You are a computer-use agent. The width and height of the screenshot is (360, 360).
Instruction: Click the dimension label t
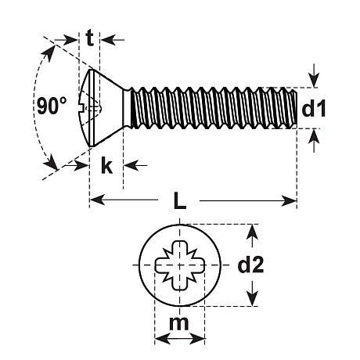click(x=89, y=38)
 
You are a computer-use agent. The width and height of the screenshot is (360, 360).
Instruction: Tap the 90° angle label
click(x=52, y=106)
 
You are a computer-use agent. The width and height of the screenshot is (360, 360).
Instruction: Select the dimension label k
click(x=106, y=165)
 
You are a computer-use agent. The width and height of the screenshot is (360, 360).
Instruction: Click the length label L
click(x=179, y=200)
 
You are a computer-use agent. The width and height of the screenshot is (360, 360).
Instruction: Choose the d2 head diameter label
click(x=250, y=265)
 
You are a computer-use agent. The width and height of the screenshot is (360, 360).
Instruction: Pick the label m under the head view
click(x=178, y=323)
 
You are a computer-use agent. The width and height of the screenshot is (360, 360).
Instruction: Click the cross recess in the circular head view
click(x=180, y=265)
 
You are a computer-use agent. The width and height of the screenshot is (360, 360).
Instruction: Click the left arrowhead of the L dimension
click(x=97, y=200)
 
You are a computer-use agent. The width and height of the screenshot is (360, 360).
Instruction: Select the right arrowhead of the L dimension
click(x=289, y=200)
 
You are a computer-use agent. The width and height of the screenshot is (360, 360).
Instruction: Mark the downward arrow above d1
click(x=314, y=76)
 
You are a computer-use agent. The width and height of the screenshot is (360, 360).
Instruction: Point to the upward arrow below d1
click(x=314, y=140)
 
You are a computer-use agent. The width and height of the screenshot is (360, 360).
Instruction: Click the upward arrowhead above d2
click(x=252, y=232)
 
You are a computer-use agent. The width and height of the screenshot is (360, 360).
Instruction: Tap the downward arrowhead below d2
click(x=252, y=298)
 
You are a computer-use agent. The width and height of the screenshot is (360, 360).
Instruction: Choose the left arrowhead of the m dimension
click(x=162, y=338)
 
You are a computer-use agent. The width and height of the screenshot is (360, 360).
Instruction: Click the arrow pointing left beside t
click(x=113, y=40)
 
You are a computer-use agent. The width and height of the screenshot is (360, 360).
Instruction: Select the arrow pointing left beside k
click(x=135, y=165)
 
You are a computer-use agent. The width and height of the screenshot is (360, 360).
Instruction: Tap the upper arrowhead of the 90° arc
click(x=51, y=54)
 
